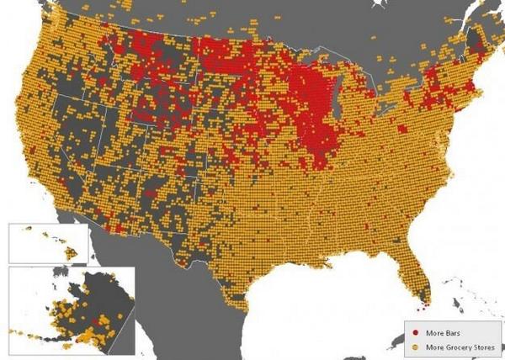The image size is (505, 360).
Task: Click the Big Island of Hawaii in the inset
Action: (x=72, y=251)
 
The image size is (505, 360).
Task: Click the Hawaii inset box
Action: (x=47, y=242)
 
